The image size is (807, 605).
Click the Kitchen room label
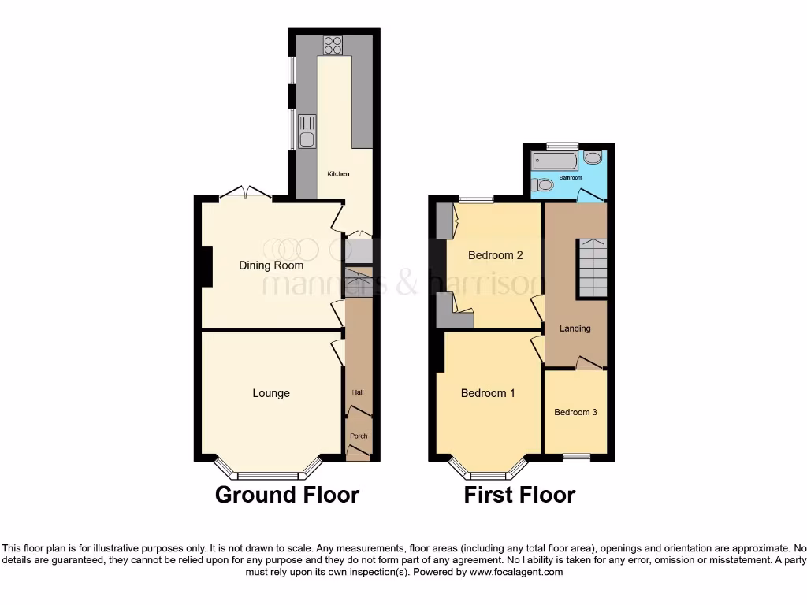pos(338,174)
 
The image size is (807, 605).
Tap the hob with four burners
pos(331,44)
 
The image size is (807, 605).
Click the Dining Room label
pos(270,265)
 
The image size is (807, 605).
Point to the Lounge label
pos(271,393)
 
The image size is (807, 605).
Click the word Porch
pos(359,436)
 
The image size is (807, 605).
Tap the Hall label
pos(358,392)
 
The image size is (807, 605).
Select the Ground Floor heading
pos(287,495)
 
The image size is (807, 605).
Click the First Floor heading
pos(519,495)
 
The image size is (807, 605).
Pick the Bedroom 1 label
pos(488,393)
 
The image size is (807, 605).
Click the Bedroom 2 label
pos(496,255)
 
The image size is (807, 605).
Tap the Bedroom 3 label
pos(575,412)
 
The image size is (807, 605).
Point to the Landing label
pos(575,328)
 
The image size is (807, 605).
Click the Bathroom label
pos(571,178)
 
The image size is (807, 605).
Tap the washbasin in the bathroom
pos(592,158)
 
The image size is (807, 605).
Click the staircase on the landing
pos(591,268)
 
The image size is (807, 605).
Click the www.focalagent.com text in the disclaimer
pos(515,573)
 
